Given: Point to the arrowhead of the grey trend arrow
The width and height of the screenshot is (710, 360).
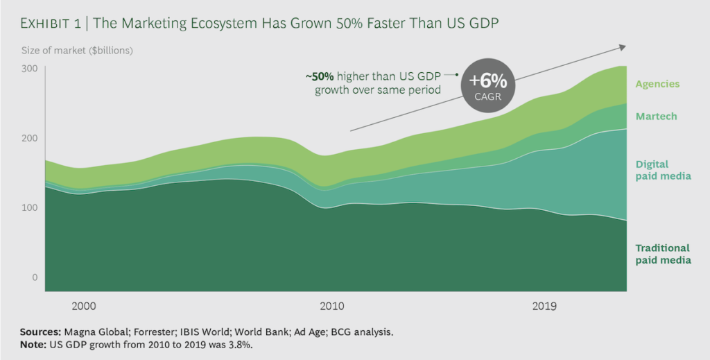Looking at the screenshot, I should point(622,47).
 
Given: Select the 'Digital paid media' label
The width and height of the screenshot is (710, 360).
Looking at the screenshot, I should point(662,170).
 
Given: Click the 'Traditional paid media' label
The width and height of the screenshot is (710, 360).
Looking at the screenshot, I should point(662,254).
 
